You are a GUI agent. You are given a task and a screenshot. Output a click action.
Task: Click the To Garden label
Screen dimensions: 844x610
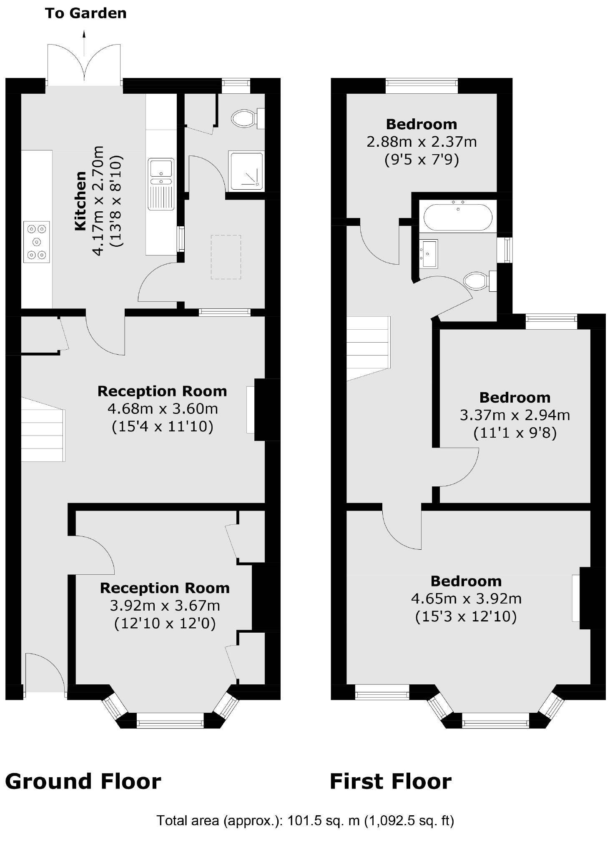coord(85,13)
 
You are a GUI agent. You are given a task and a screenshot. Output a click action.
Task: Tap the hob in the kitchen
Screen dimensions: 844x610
coord(37,242)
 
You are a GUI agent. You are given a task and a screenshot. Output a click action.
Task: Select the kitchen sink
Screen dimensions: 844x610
coord(161,184)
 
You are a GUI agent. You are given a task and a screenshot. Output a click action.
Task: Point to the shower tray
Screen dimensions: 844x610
coord(246,171)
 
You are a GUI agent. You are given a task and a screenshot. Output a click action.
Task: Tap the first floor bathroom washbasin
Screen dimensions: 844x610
coord(428,253)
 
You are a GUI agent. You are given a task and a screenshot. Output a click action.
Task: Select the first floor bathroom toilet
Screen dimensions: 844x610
coord(479,281)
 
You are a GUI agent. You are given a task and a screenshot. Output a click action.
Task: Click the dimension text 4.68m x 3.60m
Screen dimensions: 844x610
coord(163,409)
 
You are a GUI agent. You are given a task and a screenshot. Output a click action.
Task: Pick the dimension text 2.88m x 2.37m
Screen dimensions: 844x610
coord(422,142)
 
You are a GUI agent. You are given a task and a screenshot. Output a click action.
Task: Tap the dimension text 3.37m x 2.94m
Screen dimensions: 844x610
coord(515,415)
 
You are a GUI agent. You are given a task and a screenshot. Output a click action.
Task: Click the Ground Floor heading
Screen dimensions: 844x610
coord(83,781)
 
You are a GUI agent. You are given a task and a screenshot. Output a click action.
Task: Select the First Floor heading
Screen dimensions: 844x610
coord(391,781)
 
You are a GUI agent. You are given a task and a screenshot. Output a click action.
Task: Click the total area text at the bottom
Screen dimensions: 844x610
coord(305,821)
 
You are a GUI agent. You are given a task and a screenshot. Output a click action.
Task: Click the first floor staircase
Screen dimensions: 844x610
coord(369,348)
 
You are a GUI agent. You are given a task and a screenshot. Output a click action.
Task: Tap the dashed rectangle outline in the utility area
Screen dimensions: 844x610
coord(226,257)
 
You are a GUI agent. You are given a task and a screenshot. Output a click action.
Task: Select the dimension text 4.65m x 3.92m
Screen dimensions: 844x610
coord(466,599)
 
